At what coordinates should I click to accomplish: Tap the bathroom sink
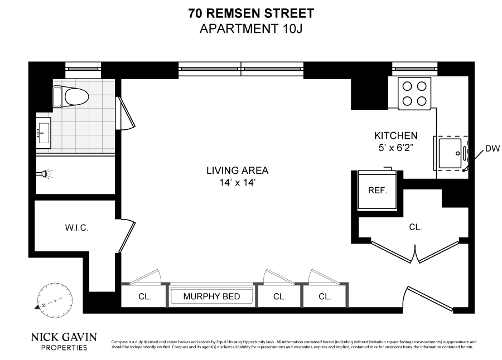pos(43,133)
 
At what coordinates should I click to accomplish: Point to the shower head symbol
pos(45,174)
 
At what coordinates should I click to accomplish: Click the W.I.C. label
pos(76,228)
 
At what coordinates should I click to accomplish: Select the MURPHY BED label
pos(211,296)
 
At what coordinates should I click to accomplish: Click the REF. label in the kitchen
pos(378,190)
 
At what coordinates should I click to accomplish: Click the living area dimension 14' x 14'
pos(237,182)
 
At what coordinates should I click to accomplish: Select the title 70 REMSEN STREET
pos(251,13)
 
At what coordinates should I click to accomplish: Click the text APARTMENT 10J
pos(251,28)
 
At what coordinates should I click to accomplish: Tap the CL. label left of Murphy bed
pos(144,296)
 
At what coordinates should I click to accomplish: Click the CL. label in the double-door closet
pos(415,227)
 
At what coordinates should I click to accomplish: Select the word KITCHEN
pos(395,135)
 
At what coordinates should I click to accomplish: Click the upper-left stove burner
pos(407,86)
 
